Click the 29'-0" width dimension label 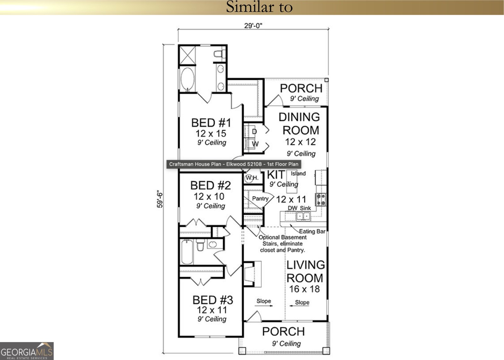coord(253,26)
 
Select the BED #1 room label coord(211,123)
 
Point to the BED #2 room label coord(210,186)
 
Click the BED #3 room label coord(213,300)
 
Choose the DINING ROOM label coord(300,123)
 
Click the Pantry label coord(260,199)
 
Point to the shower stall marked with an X coord(187,55)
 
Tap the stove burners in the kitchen coord(321,200)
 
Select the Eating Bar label coord(312,231)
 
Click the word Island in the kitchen coord(298,174)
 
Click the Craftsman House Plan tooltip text coord(233,164)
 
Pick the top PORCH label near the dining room coord(301,89)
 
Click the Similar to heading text coord(259,7)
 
